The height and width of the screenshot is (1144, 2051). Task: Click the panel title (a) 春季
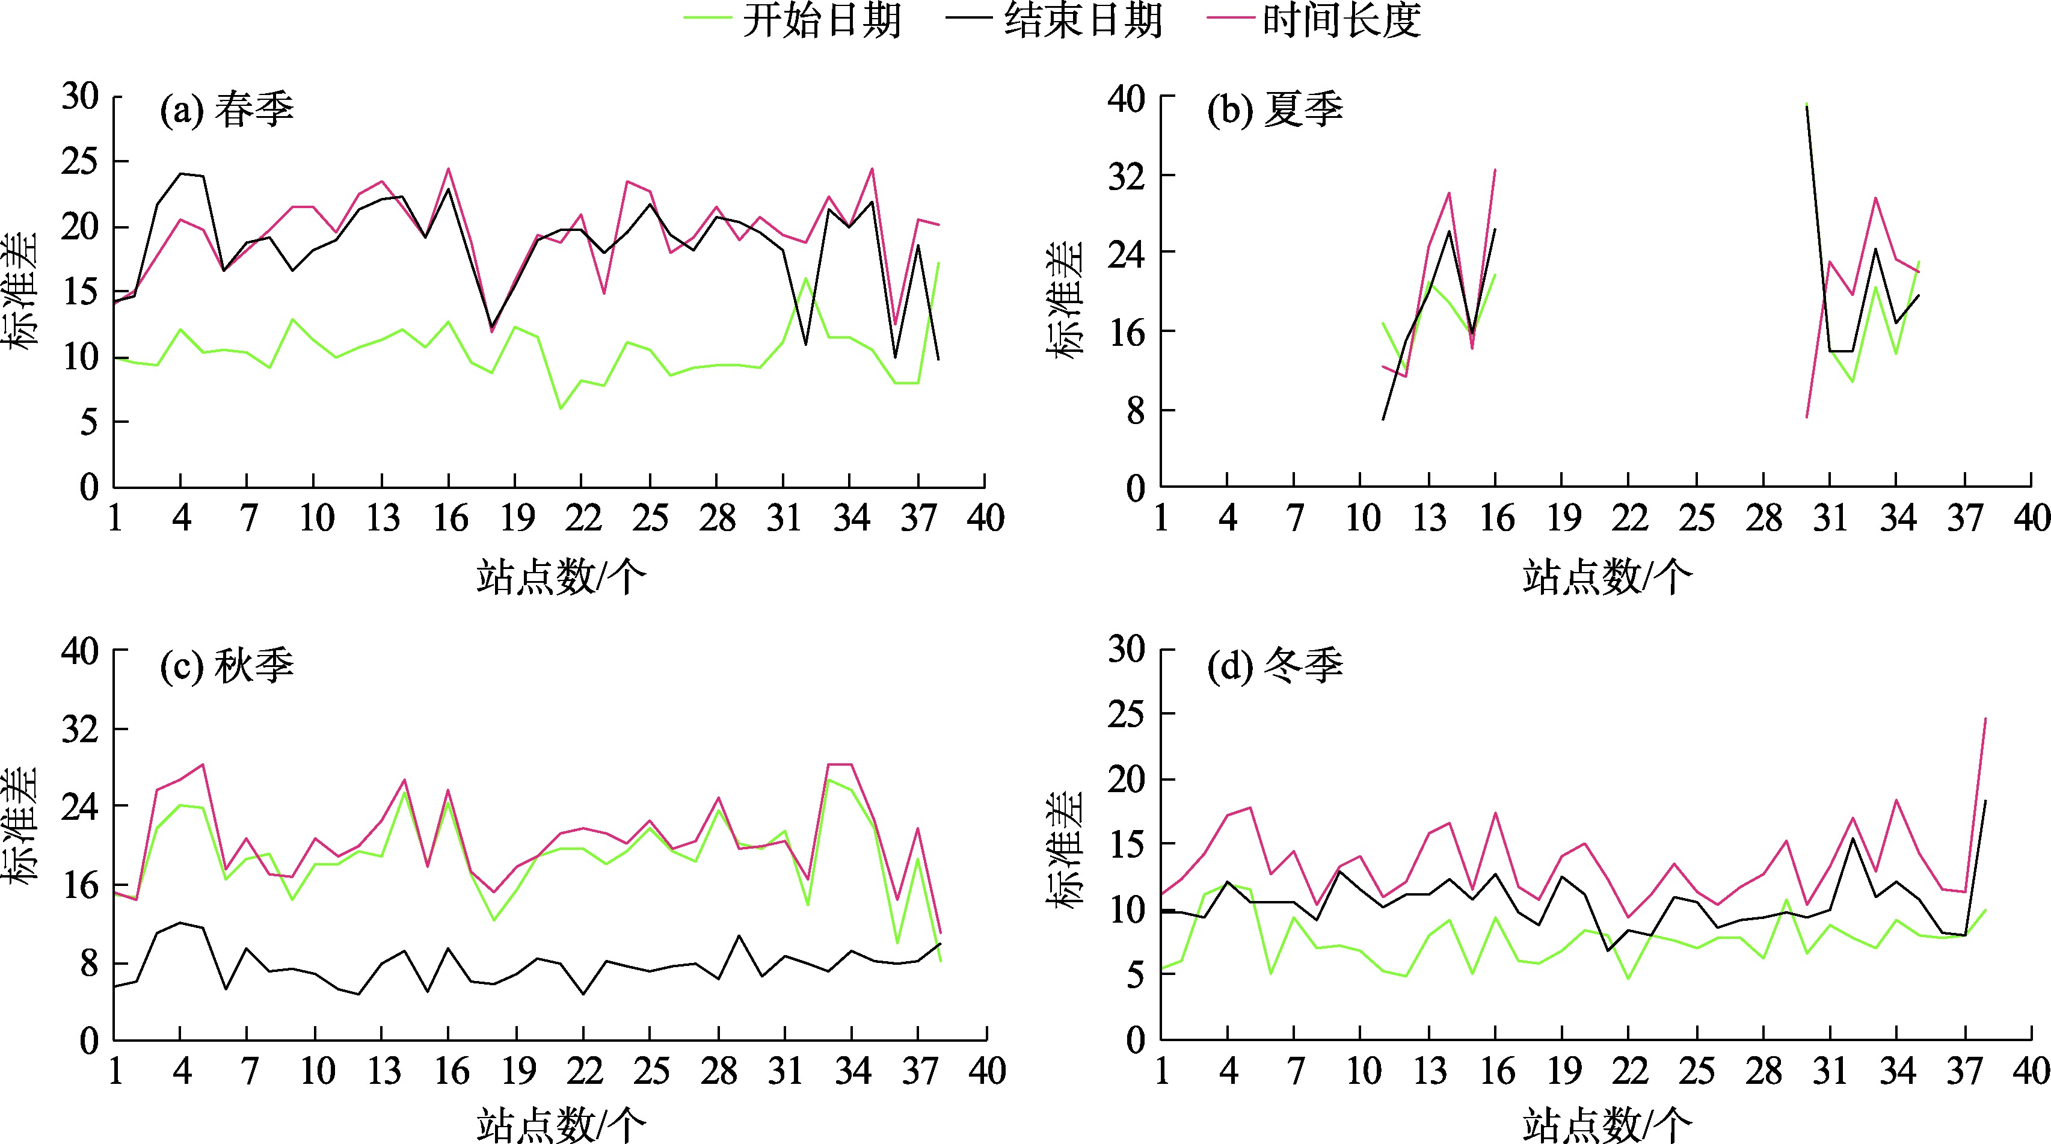coord(227,110)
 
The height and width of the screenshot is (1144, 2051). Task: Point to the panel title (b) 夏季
coord(1275,110)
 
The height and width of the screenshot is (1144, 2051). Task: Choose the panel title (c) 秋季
coord(227,666)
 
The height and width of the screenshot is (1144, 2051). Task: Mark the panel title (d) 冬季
coord(1275,666)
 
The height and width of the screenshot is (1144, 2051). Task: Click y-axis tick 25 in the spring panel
coord(79,162)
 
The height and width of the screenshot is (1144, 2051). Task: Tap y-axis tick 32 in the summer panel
coord(1126,175)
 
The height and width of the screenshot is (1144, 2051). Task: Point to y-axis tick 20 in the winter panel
coord(1126,778)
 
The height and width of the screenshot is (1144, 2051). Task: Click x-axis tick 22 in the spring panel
coord(583,519)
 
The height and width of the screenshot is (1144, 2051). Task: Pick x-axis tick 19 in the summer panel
coord(1563,519)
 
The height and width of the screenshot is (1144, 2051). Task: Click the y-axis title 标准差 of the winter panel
coord(1065,850)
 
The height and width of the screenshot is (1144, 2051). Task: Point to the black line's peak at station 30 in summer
coord(1807,106)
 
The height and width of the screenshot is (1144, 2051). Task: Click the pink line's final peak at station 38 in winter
coord(1985,719)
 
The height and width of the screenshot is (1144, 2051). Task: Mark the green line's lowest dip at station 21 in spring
coord(561,408)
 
